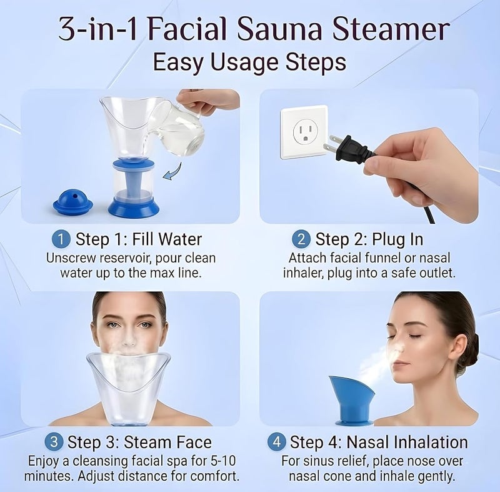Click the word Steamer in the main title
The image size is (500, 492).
[391, 29]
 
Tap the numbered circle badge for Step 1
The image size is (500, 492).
[61, 239]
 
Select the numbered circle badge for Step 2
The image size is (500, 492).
[301, 239]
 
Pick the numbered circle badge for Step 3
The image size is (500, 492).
[54, 442]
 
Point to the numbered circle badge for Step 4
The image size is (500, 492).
[276, 442]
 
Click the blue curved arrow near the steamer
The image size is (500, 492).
[172, 172]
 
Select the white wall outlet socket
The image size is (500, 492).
[304, 132]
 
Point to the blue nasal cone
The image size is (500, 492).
[352, 401]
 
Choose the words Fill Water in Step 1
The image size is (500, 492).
[167, 239]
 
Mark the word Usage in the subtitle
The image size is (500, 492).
[244, 62]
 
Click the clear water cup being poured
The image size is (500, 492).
[177, 129]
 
